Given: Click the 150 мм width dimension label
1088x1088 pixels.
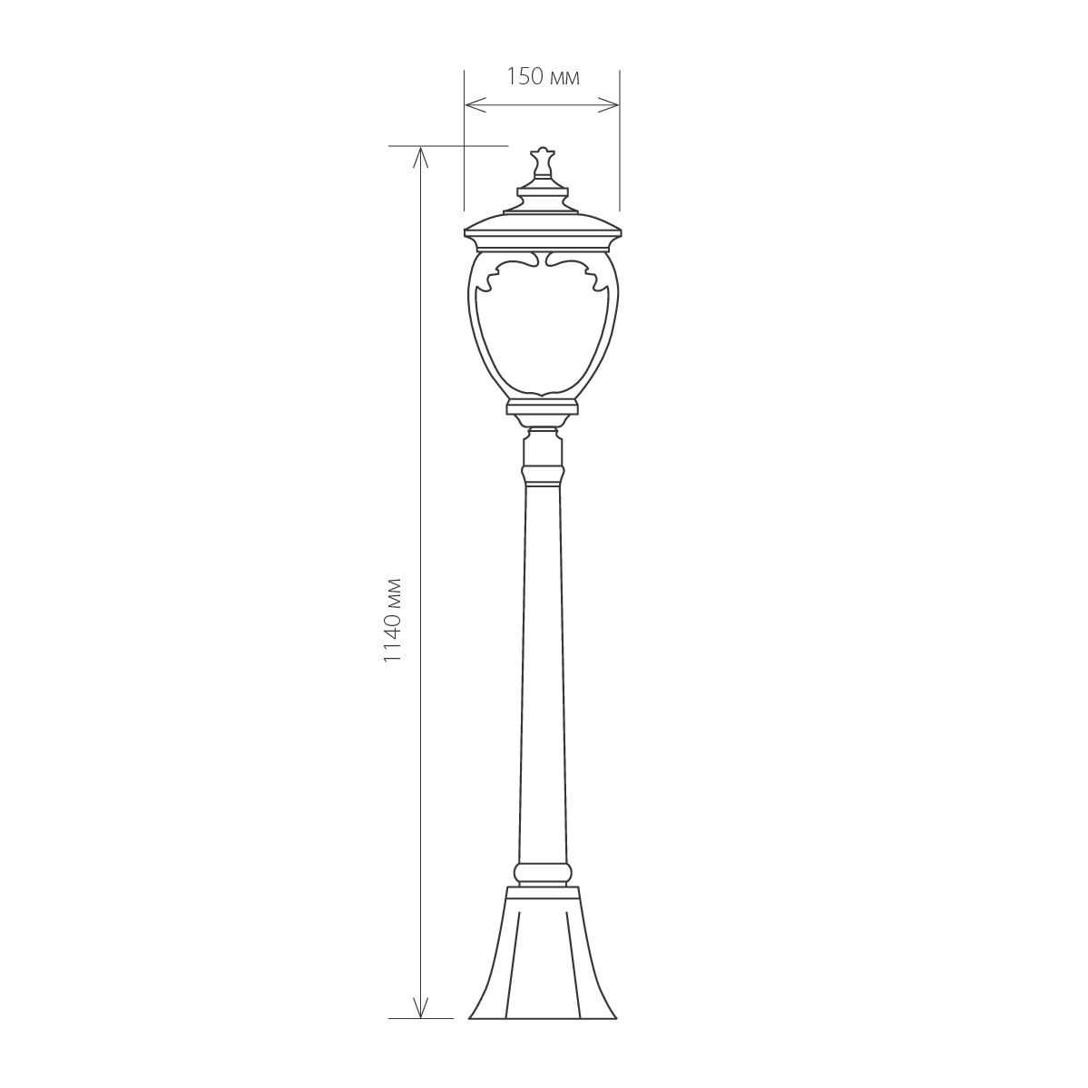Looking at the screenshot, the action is [543, 76].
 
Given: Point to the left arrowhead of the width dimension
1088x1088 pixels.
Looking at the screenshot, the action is [475, 105].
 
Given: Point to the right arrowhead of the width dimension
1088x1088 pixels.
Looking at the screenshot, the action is [609, 105].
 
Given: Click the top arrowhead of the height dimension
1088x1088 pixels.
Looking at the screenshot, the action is [420, 158].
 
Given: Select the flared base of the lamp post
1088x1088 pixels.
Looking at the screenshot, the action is [543, 953].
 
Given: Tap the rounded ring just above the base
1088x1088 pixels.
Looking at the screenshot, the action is [543, 873].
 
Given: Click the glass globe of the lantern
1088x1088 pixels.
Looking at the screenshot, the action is [542, 325].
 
